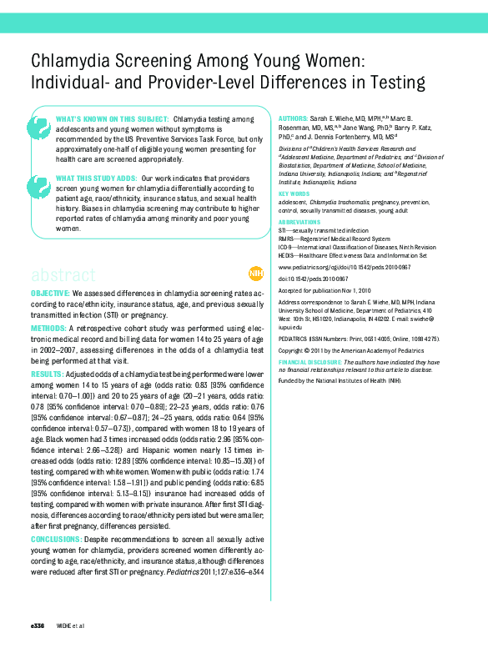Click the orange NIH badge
(255, 274)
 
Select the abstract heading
(63, 274)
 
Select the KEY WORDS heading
(293, 193)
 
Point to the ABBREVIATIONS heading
(298, 223)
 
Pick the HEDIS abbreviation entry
(289, 255)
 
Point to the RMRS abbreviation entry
(288, 239)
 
